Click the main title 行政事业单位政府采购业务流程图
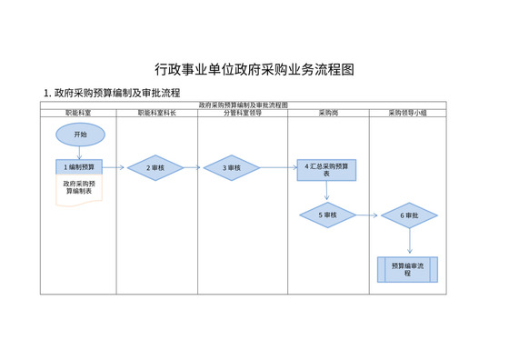[x=254, y=70]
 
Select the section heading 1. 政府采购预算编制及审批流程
[x=112, y=93]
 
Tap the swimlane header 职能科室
[x=77, y=113]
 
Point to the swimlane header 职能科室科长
[x=156, y=113]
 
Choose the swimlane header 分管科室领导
[x=243, y=113]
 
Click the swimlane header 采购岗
[x=328, y=113]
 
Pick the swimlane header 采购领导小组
[x=407, y=113]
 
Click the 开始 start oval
[x=80, y=135]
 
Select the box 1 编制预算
[x=80, y=167]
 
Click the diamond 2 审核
[x=155, y=168]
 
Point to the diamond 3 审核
[x=231, y=168]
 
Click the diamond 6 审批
[x=409, y=215]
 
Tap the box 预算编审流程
[x=408, y=269]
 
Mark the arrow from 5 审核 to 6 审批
[x=367, y=215]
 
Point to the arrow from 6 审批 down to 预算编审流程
[x=409, y=242]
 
